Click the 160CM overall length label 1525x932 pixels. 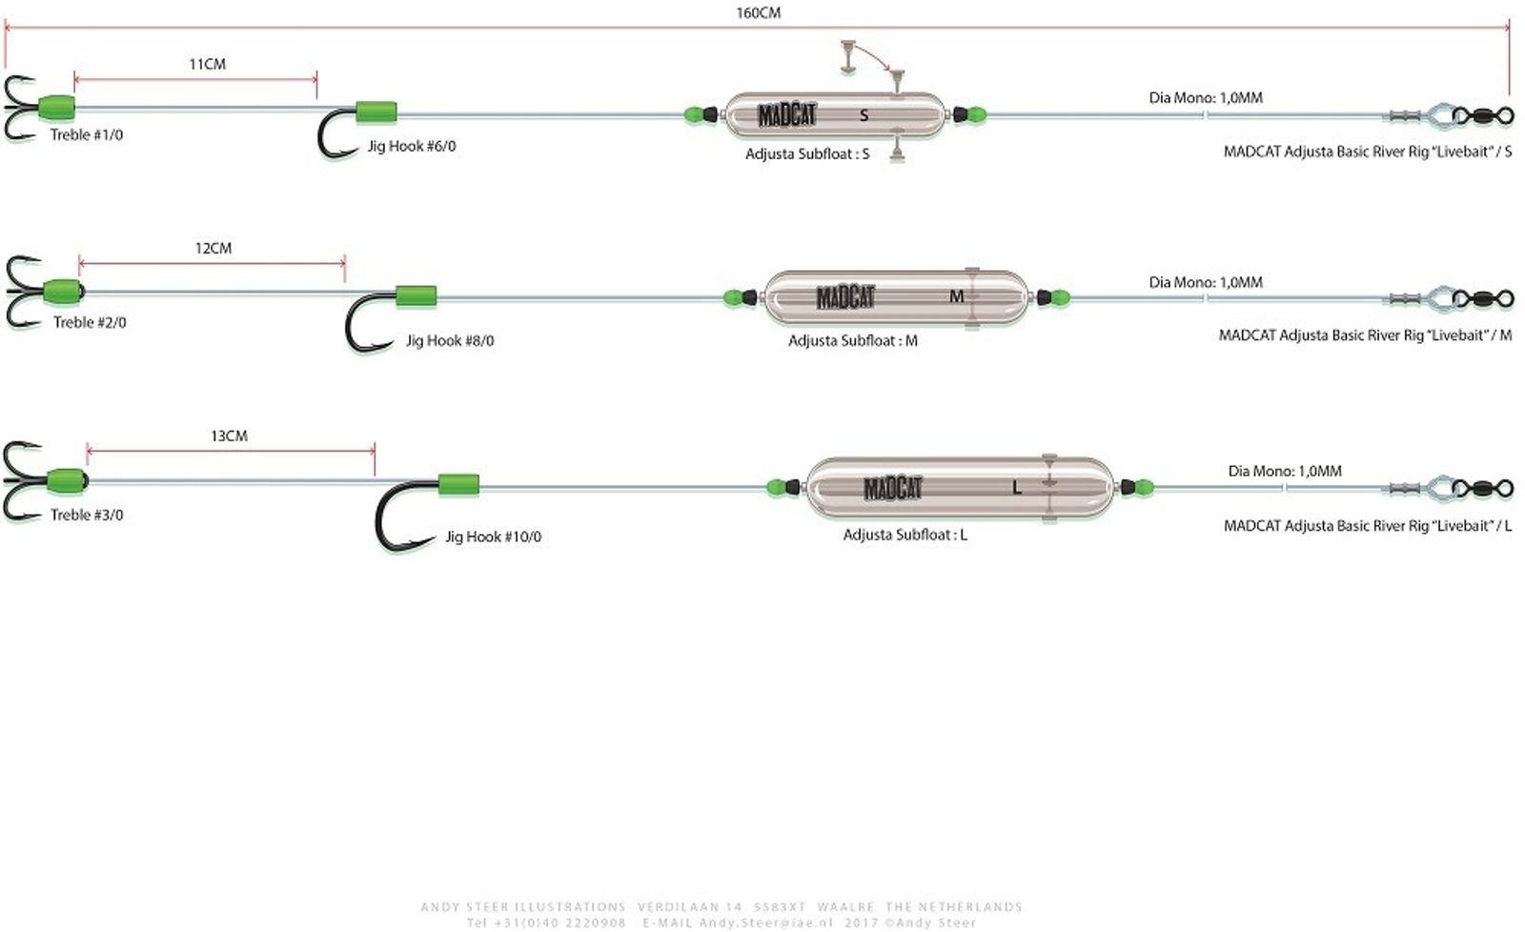pos(759,13)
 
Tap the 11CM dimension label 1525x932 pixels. pos(207,64)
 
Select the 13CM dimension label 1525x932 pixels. pos(229,436)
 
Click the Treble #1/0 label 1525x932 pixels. pos(87,134)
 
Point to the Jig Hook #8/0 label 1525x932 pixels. pos(450,340)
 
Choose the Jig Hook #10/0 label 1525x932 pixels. pos(493,537)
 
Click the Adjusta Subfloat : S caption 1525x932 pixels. pos(807,153)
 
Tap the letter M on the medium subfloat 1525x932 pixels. pos(957,296)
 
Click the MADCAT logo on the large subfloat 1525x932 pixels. pos(893,489)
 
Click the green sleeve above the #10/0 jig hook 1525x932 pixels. pos(458,486)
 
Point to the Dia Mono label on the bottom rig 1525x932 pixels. pos(1284,471)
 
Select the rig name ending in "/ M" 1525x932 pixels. pos(1365,334)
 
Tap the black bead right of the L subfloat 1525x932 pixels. pos(1128,488)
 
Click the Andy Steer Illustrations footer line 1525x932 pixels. pos(722,906)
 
